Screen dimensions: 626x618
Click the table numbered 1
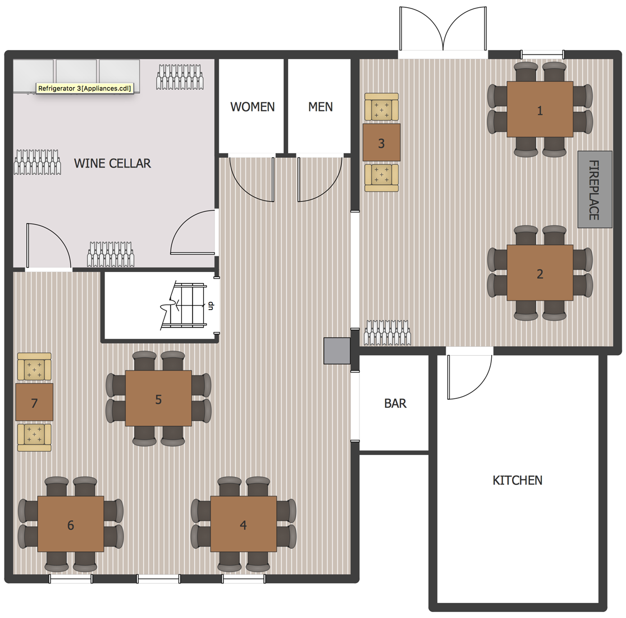540,109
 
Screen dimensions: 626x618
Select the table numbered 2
540,272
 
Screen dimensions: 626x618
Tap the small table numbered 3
381,143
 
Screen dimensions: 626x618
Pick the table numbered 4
244,524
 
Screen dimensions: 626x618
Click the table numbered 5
158,398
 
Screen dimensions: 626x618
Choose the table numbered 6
71,524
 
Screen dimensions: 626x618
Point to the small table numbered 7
34,402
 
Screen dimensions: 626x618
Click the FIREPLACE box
595,189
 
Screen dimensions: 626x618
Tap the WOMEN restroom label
252,107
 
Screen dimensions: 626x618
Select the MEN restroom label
320,107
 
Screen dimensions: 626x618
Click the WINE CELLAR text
113,163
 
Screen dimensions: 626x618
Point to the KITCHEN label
518,480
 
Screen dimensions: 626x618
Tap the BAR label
395,403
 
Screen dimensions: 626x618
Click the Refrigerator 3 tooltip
85,88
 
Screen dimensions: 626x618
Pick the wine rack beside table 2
387,333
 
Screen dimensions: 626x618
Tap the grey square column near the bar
336,351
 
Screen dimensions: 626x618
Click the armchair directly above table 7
34,366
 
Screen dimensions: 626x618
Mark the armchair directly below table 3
381,178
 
